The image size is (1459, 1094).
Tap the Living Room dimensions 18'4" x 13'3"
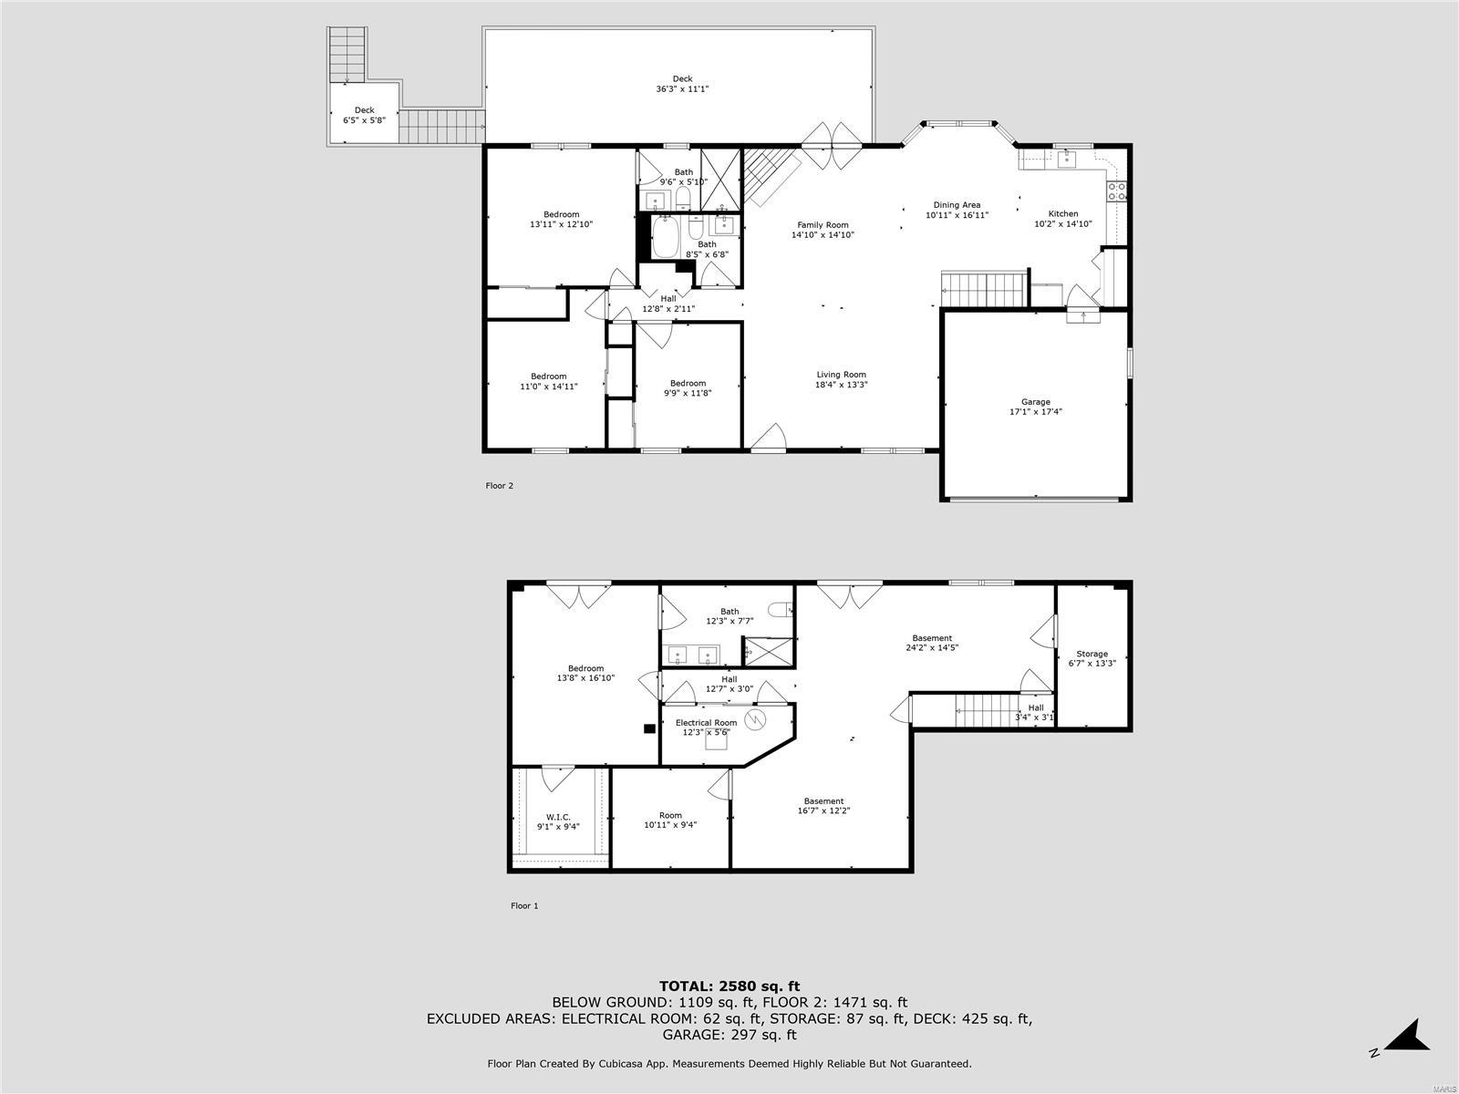pos(841,385)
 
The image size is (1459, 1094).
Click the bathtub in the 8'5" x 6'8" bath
pos(665,239)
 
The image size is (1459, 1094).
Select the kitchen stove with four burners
pos(1116,191)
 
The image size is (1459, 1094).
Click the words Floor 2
pos(499,486)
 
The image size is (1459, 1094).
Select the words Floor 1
pos(524,906)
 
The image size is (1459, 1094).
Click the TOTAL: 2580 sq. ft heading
pos(729,986)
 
